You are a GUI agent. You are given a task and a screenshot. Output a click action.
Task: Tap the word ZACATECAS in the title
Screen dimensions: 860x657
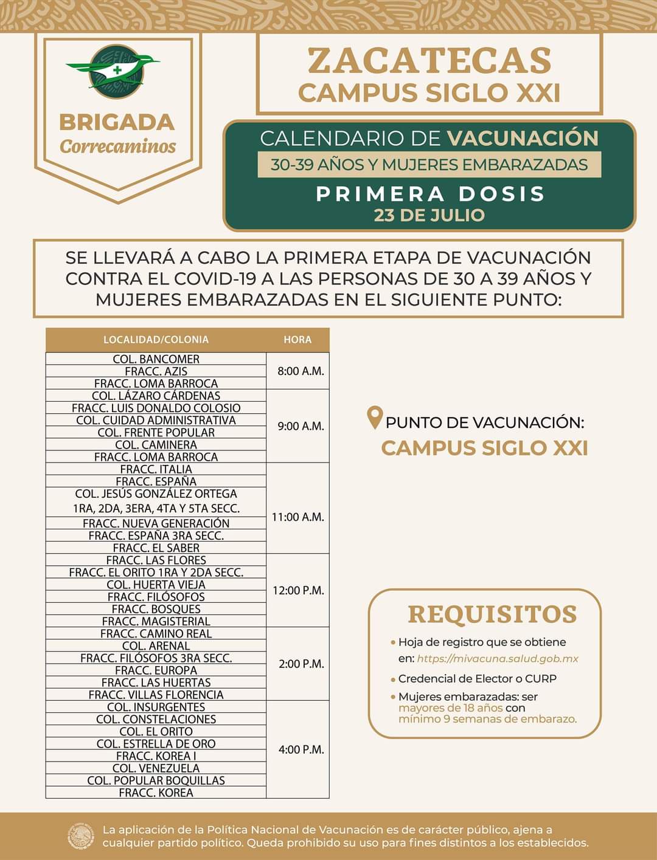(429, 61)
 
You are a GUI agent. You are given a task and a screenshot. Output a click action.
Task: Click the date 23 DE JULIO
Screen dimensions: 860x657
(429, 215)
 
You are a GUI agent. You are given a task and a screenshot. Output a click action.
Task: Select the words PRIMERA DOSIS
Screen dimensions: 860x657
(429, 193)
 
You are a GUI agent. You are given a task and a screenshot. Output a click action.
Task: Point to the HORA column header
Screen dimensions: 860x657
(297, 340)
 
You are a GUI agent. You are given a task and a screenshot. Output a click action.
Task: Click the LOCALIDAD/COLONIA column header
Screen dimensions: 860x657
(156, 340)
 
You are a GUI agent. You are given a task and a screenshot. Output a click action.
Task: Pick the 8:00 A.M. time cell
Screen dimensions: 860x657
(297, 371)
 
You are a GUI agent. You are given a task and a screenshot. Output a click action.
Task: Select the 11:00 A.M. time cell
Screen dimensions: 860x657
(297, 517)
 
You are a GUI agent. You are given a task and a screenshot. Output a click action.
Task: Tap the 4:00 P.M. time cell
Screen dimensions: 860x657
(297, 749)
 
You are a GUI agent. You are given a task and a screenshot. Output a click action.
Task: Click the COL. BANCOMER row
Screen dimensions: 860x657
(156, 359)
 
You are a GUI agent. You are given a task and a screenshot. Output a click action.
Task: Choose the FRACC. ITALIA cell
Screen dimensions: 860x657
(156, 469)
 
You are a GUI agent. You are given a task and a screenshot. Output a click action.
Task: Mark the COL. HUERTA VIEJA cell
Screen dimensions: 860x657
(156, 585)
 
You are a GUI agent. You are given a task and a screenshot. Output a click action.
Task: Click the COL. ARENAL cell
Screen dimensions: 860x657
(156, 645)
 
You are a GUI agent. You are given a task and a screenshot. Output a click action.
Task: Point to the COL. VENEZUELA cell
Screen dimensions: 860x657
(156, 768)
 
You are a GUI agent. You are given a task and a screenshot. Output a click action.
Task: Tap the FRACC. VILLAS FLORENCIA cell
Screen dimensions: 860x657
(156, 695)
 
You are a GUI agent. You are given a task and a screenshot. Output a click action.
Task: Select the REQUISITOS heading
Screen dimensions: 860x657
(492, 614)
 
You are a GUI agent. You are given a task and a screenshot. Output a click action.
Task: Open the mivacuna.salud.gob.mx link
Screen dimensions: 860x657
(498, 659)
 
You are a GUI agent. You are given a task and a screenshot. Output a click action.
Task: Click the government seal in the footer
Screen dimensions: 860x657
(81, 836)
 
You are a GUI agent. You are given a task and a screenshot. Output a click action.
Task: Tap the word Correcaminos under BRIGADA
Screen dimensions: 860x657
(117, 147)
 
